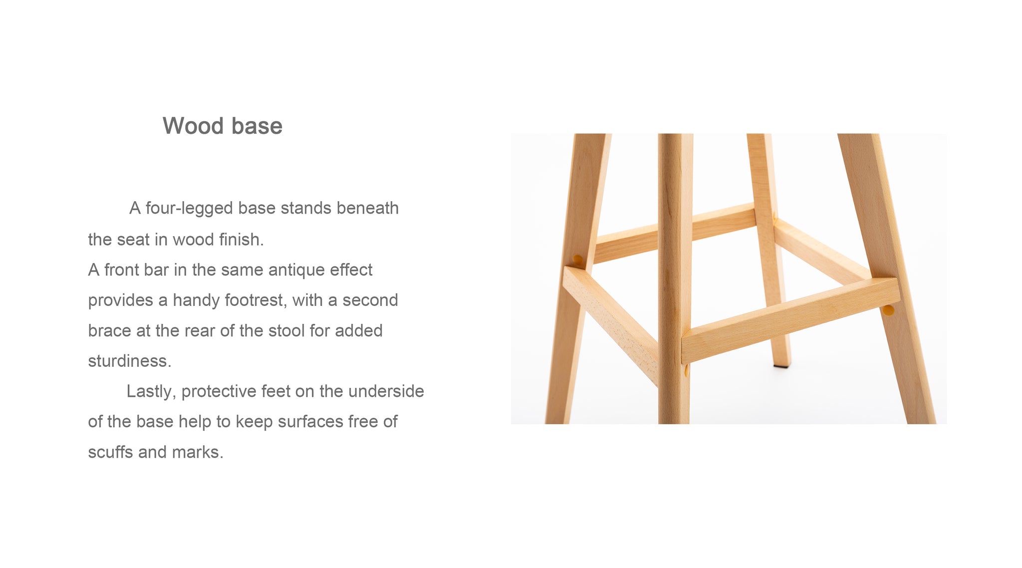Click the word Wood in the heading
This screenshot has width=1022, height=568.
click(193, 126)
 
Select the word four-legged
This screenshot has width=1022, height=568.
click(189, 209)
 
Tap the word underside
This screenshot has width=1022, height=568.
click(386, 391)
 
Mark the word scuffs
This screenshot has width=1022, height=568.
click(111, 452)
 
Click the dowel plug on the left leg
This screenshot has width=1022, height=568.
click(577, 260)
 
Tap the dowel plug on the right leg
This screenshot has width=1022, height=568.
click(888, 310)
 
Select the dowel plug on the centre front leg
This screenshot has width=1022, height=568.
click(687, 370)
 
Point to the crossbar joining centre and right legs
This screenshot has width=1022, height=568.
click(791, 319)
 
